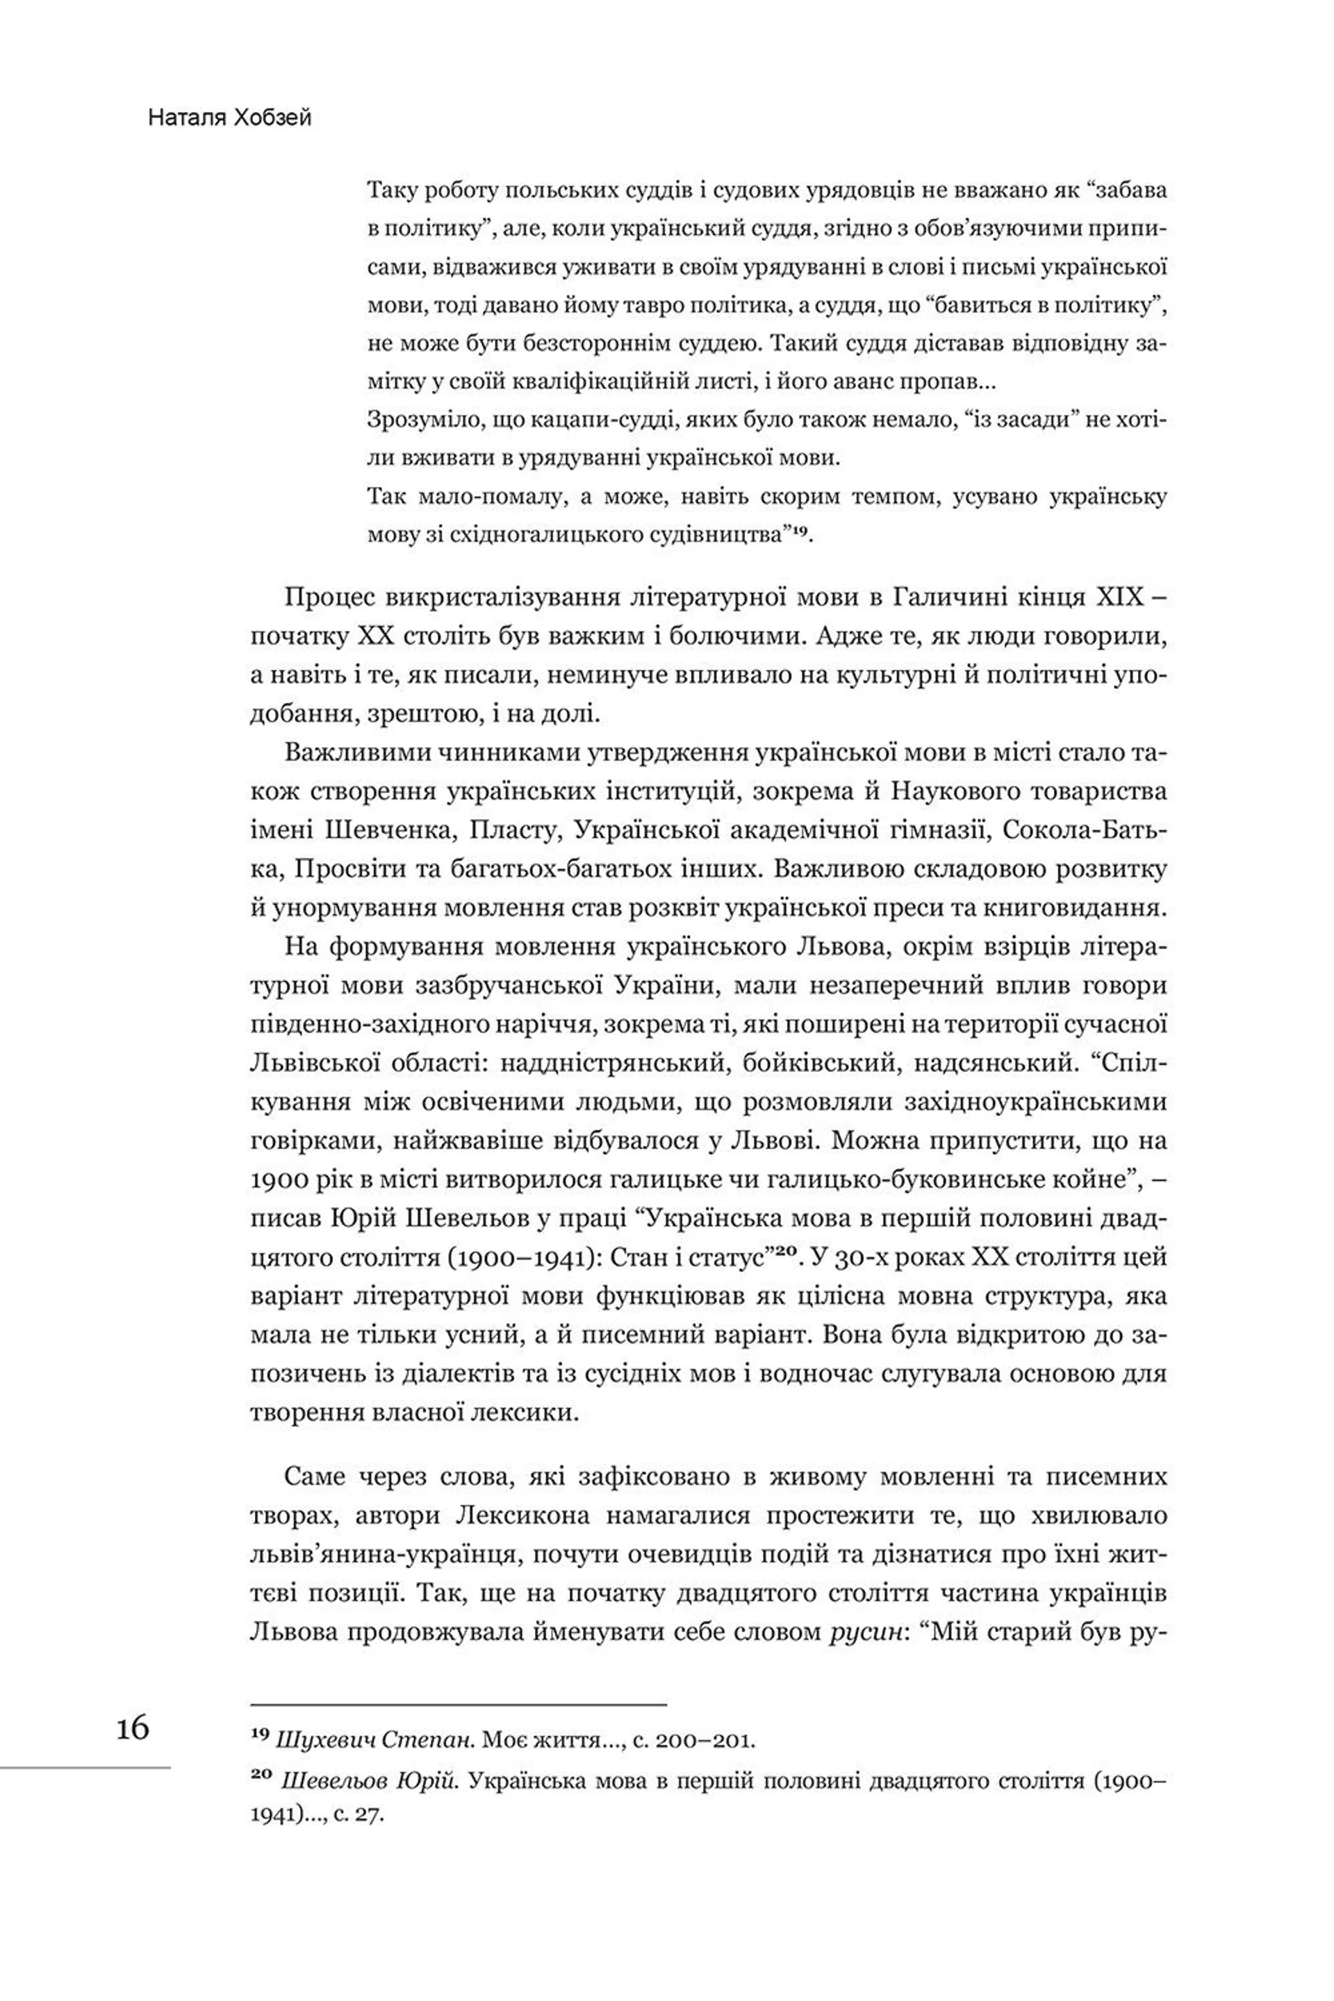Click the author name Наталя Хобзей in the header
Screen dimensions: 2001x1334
tap(230, 117)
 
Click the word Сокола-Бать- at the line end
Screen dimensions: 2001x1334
tap(1085, 830)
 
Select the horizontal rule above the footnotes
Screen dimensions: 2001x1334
tap(459, 1704)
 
